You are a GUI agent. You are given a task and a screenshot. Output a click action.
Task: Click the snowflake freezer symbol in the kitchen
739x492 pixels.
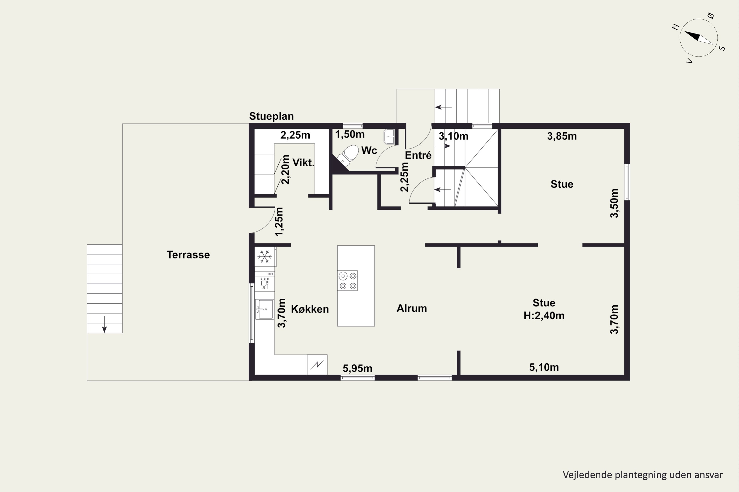click(x=265, y=257)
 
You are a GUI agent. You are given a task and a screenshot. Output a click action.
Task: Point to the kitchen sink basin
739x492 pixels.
click(x=265, y=309)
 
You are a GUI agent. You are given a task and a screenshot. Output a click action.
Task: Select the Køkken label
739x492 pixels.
click(x=310, y=309)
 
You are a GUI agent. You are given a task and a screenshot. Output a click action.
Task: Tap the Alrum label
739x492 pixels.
click(x=412, y=308)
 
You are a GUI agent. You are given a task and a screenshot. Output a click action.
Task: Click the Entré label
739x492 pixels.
click(x=418, y=155)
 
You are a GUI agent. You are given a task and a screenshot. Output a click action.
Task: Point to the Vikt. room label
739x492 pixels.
click(x=303, y=163)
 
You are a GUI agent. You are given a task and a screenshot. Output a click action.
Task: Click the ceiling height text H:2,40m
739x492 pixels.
click(x=544, y=316)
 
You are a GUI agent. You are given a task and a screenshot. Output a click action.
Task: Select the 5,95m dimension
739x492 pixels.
click(x=358, y=368)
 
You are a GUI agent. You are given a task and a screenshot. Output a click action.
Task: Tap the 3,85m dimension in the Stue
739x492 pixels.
click(x=562, y=136)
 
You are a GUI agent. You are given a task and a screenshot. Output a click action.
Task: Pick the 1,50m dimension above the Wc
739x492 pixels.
click(x=350, y=135)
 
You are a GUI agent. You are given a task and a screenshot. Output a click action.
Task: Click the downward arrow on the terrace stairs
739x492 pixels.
click(x=104, y=324)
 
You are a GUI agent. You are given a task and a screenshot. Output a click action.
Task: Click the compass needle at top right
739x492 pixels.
click(x=698, y=38)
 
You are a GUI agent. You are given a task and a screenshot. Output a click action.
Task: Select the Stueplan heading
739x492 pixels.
click(x=271, y=116)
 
